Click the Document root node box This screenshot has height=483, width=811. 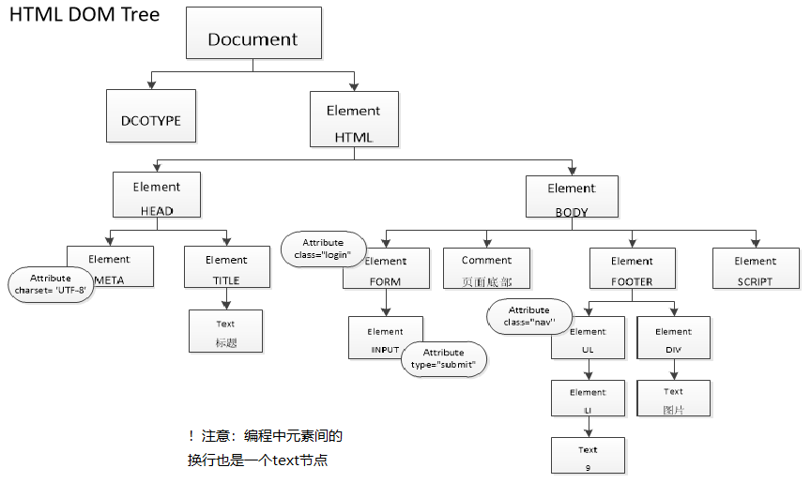tap(252, 34)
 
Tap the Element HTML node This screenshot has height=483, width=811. tap(354, 120)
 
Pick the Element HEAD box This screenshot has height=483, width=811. tap(157, 197)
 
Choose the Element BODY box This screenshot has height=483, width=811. tap(572, 197)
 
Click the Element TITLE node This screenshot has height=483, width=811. tap(226, 268)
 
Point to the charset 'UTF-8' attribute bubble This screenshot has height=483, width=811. tap(51, 284)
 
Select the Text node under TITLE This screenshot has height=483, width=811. tap(226, 332)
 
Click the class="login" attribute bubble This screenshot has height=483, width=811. tap(323, 249)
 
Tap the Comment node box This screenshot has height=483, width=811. tap(486, 268)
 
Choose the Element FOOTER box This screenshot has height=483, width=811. tap(632, 268)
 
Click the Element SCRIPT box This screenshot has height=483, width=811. tap(756, 268)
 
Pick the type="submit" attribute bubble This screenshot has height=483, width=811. tap(443, 358)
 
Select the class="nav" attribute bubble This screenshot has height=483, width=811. tap(528, 316)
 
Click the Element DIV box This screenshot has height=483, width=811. tap(673, 340)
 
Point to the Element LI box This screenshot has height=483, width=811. tap(588, 400)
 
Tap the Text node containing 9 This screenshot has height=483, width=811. tap(588, 456)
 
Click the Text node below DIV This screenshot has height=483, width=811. tap(673, 399)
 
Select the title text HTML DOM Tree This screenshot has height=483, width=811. tap(84, 15)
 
